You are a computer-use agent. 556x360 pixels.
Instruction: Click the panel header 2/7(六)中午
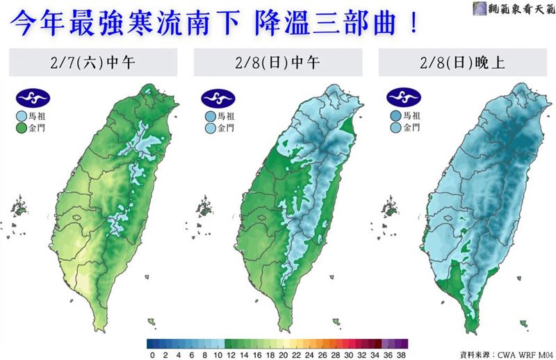tap(93, 63)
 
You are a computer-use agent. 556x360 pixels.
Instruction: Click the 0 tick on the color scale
tap(152, 354)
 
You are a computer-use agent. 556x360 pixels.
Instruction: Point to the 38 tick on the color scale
tap(402, 354)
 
